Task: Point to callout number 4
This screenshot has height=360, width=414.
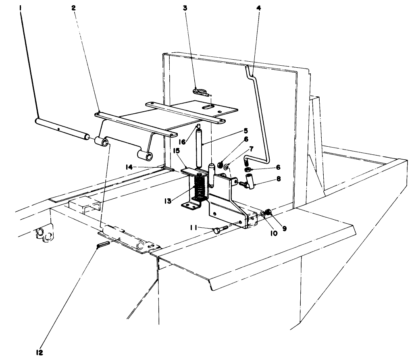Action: click(x=258, y=8)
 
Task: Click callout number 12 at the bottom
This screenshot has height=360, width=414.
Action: click(x=40, y=352)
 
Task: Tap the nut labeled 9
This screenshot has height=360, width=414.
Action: click(x=269, y=213)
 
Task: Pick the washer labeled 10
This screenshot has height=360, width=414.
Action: click(x=263, y=214)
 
